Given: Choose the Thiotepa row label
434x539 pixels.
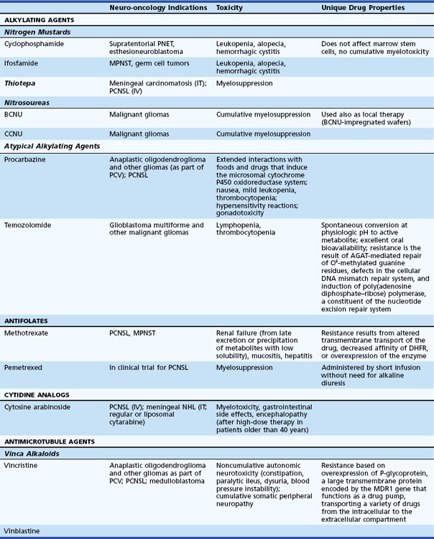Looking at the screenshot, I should [x=20, y=83].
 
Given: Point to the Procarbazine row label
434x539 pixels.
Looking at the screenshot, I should [x=25, y=160].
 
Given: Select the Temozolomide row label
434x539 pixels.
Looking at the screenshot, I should [x=28, y=225].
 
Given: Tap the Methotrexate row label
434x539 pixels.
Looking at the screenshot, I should [x=27, y=334].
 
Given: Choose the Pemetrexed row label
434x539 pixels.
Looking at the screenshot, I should [x=24, y=367].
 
